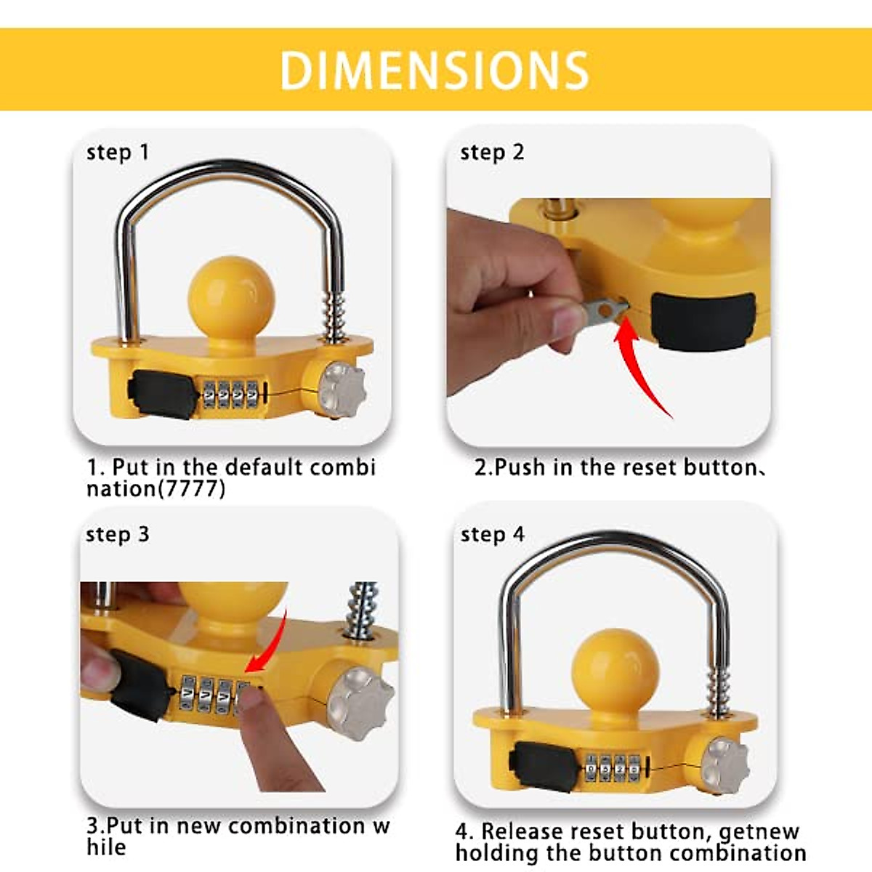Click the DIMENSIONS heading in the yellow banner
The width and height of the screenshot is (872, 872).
pyautogui.click(x=434, y=70)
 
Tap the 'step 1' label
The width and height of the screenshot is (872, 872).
pyautogui.click(x=117, y=153)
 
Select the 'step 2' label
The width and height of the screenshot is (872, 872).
pyautogui.click(x=492, y=153)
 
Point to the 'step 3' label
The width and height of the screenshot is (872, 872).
pyautogui.click(x=117, y=535)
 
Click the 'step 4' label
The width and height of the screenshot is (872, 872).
pyautogui.click(x=492, y=535)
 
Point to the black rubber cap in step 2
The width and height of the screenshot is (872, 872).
pyautogui.click(x=703, y=320)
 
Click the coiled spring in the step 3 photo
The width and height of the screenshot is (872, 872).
pyautogui.click(x=363, y=610)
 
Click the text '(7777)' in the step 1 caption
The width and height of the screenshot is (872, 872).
pyautogui.click(x=192, y=488)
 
